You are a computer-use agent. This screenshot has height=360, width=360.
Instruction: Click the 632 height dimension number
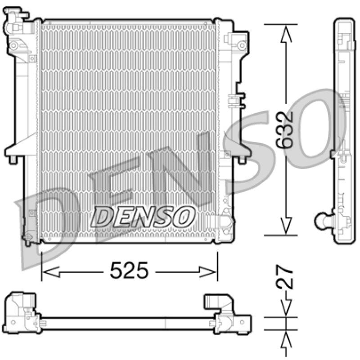click(x=285, y=130)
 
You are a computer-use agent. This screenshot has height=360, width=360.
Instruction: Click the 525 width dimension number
click(x=129, y=270)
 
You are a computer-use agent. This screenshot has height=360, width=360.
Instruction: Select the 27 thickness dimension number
click(x=285, y=277)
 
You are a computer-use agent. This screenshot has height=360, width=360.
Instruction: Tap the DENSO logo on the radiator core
click(x=143, y=217)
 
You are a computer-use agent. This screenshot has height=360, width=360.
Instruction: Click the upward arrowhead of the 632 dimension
click(x=286, y=33)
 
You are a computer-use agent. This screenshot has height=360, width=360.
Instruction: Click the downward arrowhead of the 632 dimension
click(x=286, y=226)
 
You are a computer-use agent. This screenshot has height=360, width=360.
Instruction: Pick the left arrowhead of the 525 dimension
click(x=51, y=272)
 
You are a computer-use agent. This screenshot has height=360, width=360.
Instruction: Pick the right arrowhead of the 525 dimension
click(x=207, y=272)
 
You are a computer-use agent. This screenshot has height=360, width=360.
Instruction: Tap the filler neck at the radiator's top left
click(x=14, y=20)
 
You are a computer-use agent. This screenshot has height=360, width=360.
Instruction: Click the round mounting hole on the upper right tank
click(x=242, y=45)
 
